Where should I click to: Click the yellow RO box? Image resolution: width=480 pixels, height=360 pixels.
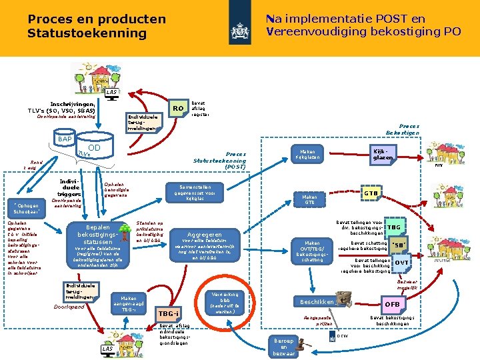177,108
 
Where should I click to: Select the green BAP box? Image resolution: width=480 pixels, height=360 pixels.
65,139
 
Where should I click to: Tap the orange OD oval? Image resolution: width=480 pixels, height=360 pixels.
94,148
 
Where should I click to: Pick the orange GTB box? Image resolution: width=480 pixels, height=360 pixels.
371,193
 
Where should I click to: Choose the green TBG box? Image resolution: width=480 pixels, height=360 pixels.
394,227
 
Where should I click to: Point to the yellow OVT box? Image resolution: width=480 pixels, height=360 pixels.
401,263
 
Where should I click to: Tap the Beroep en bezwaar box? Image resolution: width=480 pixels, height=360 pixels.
281,345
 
